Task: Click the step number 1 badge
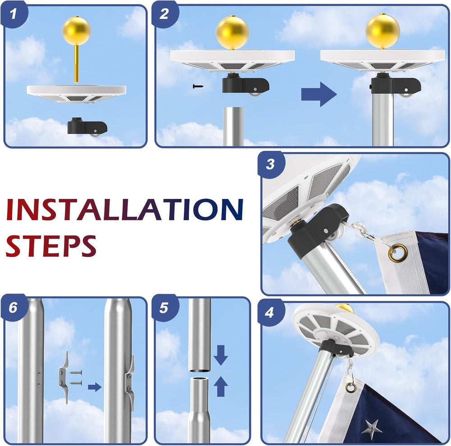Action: [14, 14]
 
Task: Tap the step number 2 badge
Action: [165, 14]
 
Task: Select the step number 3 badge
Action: [271, 165]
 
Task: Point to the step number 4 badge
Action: [270, 312]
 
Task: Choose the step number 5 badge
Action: [164, 308]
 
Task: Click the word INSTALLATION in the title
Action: [124, 210]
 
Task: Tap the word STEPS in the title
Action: [51, 246]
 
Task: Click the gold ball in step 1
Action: [76, 31]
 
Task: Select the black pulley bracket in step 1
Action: [87, 127]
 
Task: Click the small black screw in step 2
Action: [198, 86]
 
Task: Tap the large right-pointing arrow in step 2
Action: [319, 94]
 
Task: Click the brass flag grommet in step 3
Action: [398, 253]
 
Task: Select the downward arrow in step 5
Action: [221, 355]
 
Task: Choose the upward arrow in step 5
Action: [221, 386]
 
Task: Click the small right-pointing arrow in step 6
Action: [95, 387]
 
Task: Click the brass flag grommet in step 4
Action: [350, 388]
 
